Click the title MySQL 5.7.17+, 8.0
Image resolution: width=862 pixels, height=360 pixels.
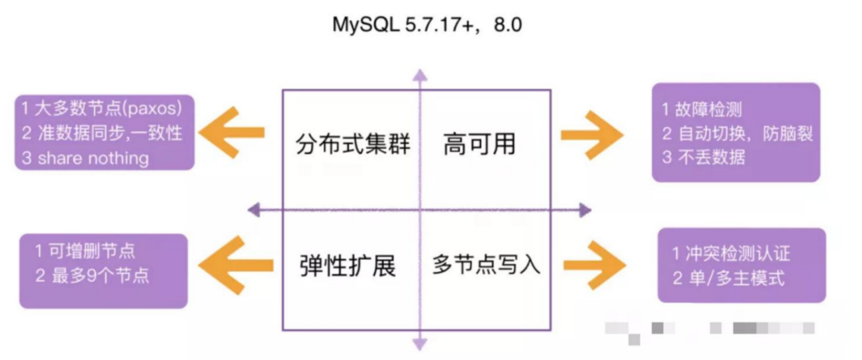click(x=429, y=26)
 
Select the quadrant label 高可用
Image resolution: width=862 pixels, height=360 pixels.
click(x=479, y=144)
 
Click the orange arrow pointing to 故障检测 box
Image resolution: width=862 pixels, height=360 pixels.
click(x=592, y=135)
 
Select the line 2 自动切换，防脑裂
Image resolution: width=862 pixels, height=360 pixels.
click(x=737, y=134)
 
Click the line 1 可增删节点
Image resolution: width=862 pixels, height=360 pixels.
click(x=85, y=251)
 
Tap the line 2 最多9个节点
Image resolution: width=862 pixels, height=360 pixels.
click(x=92, y=275)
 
